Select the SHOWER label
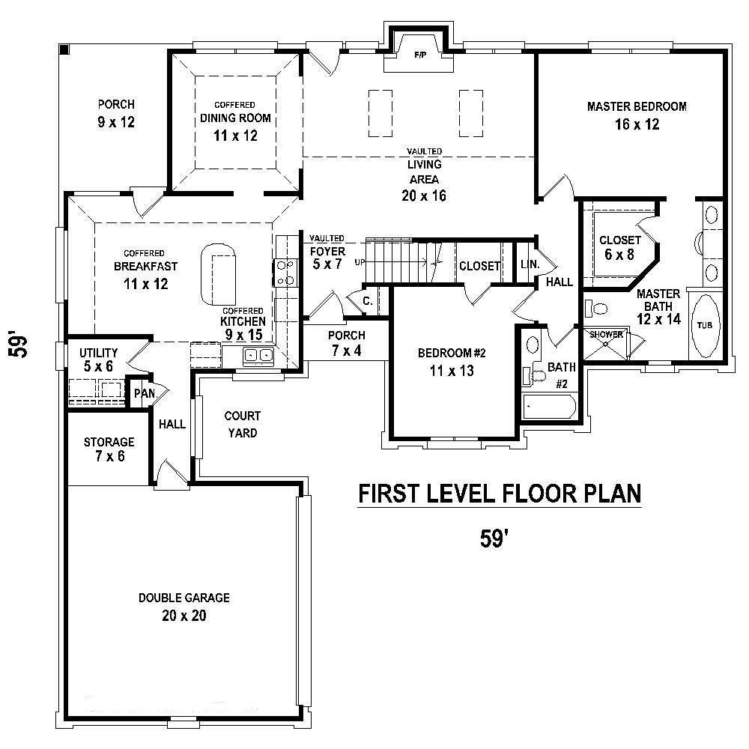click(x=606, y=335)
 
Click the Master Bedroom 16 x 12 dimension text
click(x=637, y=124)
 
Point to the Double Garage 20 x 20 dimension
click(x=184, y=616)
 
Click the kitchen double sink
click(x=259, y=356)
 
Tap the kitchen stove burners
click(x=285, y=273)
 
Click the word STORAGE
click(x=109, y=442)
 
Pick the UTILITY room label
click(x=99, y=352)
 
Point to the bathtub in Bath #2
click(x=549, y=408)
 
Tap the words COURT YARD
click(x=243, y=424)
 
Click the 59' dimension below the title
click(x=496, y=539)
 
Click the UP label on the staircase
click(x=360, y=263)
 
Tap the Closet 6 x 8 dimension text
click(x=619, y=254)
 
